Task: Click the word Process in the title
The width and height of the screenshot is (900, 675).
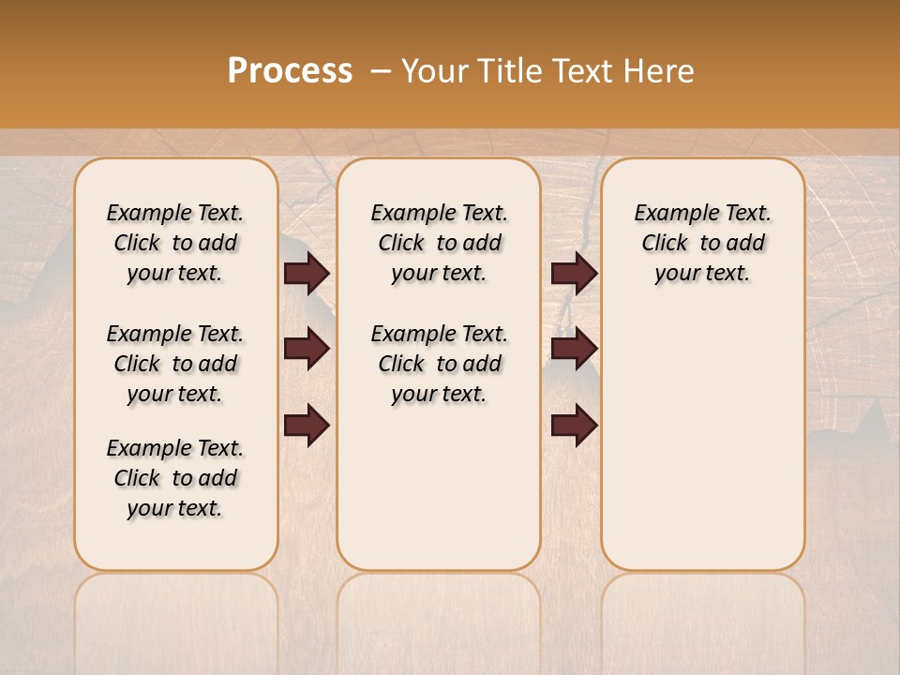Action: click(290, 71)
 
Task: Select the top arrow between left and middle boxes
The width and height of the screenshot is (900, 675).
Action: click(307, 274)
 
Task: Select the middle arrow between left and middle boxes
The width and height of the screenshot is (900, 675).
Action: click(307, 349)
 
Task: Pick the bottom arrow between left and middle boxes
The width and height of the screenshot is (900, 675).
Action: click(307, 425)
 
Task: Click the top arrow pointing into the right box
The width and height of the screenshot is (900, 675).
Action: click(574, 274)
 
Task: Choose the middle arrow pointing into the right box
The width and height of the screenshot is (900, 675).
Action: click(574, 349)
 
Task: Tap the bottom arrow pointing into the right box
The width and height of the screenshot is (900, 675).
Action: click(574, 425)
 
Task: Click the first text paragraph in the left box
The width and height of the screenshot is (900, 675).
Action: click(175, 243)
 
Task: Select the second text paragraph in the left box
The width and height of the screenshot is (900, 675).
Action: click(175, 364)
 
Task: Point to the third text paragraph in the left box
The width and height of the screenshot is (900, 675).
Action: click(175, 478)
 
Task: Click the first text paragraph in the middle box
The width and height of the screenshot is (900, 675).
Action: click(439, 243)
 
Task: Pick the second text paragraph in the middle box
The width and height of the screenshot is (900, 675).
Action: click(439, 364)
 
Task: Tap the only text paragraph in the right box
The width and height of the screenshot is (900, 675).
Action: click(703, 243)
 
